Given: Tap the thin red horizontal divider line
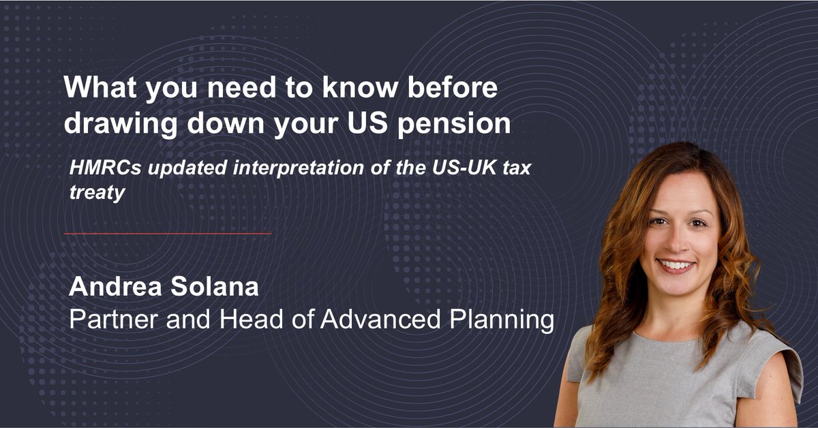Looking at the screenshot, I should click(x=168, y=234).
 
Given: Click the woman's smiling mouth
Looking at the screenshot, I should click(x=676, y=264).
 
